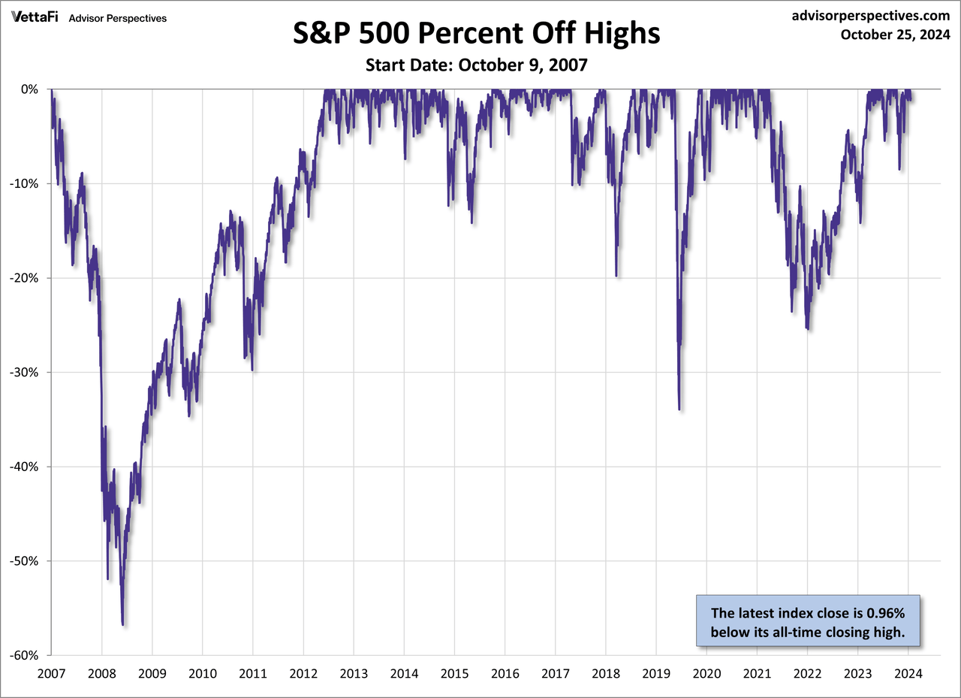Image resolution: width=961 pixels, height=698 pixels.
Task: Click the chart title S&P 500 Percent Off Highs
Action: pos(476,35)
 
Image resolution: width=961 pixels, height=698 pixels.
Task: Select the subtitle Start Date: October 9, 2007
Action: pos(476,65)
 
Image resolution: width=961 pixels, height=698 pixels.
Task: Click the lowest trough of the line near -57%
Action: pos(122,624)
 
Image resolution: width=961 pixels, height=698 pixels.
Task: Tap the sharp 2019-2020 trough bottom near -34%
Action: pos(679,409)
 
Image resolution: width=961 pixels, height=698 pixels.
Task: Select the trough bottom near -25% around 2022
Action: pos(807,328)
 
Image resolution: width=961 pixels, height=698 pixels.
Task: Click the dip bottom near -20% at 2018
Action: pos(616,276)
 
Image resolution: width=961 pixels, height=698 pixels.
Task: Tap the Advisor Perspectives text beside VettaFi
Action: pos(117,18)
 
